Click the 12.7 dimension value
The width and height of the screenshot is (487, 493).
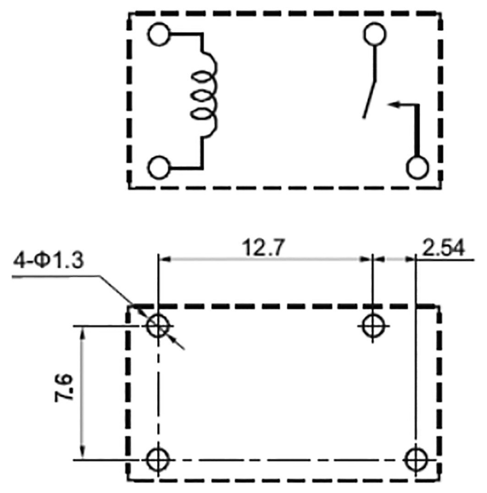tap(263, 247)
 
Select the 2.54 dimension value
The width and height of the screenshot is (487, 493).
tap(444, 248)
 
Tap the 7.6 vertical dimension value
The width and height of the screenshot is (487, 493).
tap(64, 388)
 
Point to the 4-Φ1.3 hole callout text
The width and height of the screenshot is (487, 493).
tap(49, 260)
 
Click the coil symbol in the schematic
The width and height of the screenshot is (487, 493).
tap(204, 95)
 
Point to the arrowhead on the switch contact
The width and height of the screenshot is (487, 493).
tap(393, 104)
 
